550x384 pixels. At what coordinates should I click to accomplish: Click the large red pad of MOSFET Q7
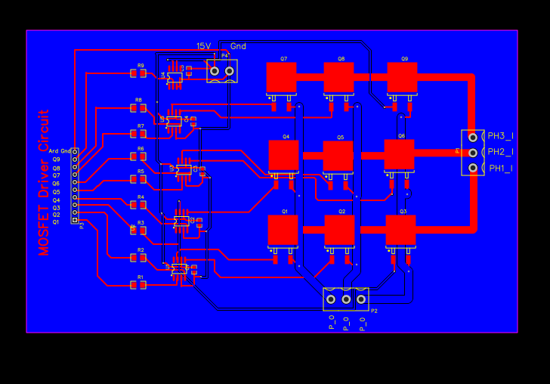[x=281, y=77]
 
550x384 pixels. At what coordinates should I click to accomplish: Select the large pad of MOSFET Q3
[x=400, y=230]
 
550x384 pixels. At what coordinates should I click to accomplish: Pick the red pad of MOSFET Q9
[x=402, y=77]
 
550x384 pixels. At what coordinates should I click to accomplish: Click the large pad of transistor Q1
[x=283, y=230]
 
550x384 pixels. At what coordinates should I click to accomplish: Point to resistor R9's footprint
[x=137, y=73]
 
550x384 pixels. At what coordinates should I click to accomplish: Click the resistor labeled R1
[x=137, y=286]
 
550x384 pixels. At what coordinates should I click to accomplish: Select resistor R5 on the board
[x=137, y=181]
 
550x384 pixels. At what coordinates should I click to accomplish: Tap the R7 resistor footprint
[x=137, y=134]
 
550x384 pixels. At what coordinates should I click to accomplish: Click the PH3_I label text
[x=500, y=136]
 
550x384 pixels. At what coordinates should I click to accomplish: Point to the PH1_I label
[x=500, y=168]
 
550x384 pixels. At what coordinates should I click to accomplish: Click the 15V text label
[x=203, y=46]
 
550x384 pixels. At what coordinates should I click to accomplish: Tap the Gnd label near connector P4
[x=238, y=46]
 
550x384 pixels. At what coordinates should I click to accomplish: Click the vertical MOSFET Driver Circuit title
[x=44, y=182]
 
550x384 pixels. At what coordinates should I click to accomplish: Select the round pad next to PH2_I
[x=473, y=152]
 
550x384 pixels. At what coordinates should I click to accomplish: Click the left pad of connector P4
[x=215, y=71]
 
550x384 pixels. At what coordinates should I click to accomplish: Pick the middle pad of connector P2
[x=346, y=299]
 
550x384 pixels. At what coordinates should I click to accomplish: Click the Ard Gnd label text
[x=60, y=151]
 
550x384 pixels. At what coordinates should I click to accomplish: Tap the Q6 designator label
[x=401, y=136]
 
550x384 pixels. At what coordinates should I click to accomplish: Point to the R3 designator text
[x=141, y=222]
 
